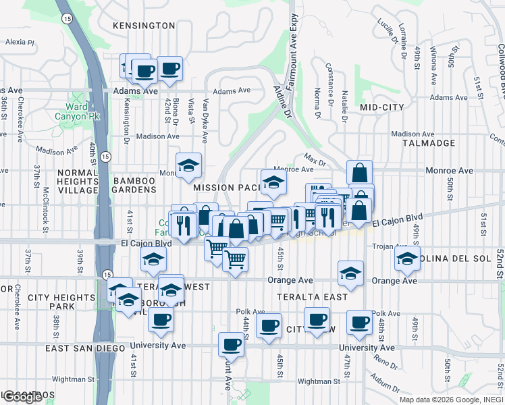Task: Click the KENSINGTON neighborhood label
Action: (x=144, y=26)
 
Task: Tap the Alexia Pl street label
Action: (x=20, y=42)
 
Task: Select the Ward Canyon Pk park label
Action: (x=86, y=111)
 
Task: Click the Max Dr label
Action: (x=314, y=162)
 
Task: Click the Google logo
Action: (x=23, y=397)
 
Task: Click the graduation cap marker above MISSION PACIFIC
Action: (x=273, y=182)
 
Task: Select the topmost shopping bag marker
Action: (x=360, y=172)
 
